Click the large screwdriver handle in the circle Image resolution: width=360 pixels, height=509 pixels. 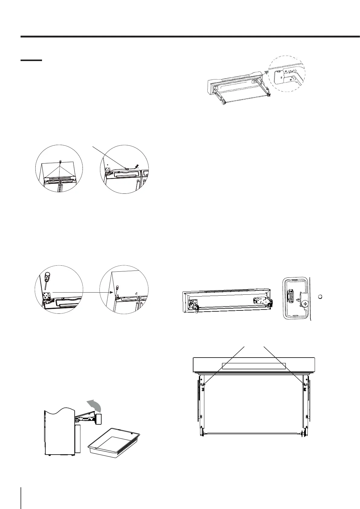click(47, 275)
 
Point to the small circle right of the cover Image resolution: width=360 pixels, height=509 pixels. click(321, 297)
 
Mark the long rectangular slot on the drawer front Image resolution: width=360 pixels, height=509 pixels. click(254, 366)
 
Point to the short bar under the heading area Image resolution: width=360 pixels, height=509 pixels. click(31, 60)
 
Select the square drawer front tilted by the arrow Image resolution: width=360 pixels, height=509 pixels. click(98, 419)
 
